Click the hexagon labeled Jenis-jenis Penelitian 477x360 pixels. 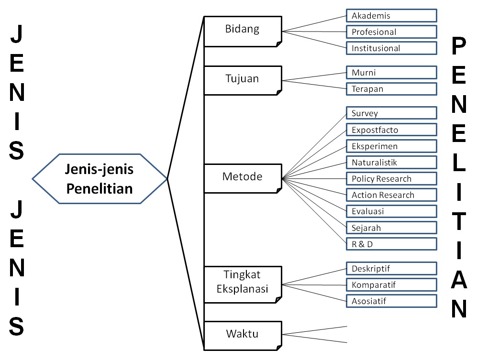coord(100,179)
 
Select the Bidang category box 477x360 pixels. coord(243,32)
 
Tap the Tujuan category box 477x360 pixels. coord(243,81)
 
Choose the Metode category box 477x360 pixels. coord(243,178)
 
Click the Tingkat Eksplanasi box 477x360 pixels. coord(243,284)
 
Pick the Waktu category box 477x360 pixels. coord(243,336)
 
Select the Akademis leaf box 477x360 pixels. coord(391,15)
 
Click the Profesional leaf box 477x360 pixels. coord(391,32)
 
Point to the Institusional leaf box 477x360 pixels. coord(391,48)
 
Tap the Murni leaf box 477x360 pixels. coord(391,73)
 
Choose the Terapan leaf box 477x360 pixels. coord(391,89)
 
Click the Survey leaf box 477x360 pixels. coord(391,113)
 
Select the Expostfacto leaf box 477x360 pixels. coord(391,130)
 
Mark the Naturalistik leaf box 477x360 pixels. coord(391,163)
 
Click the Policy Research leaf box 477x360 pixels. coord(391,179)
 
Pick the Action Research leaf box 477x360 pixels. coord(391,195)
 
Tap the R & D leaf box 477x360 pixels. coord(391,244)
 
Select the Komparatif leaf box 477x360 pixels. coord(391,285)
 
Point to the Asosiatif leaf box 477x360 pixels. coord(391,301)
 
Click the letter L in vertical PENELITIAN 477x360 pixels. coord(459,163)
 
